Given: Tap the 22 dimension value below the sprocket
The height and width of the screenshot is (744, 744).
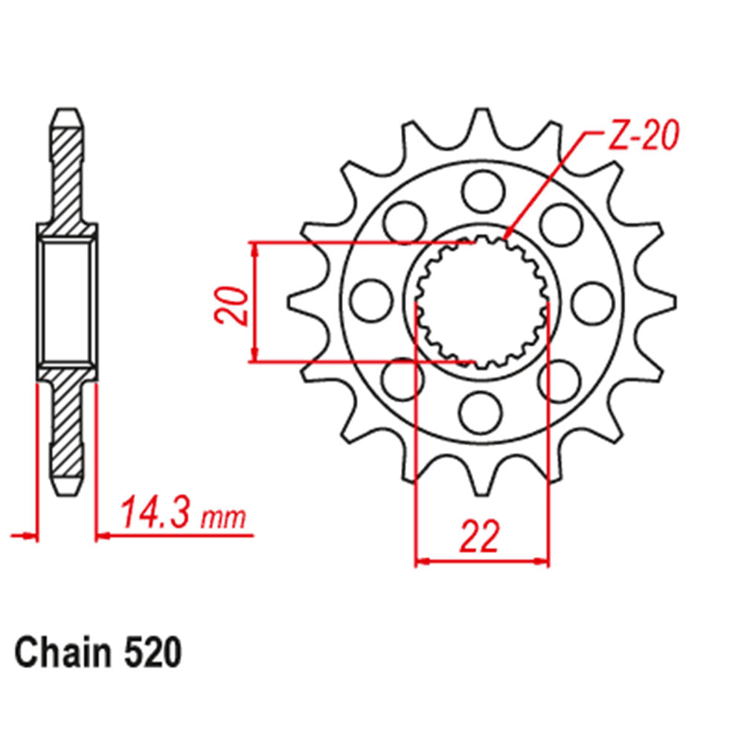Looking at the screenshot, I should point(478,537).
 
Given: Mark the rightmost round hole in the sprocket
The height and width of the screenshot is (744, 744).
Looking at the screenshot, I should point(592,300).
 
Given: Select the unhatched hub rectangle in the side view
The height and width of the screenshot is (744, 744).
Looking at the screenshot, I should point(67,301).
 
